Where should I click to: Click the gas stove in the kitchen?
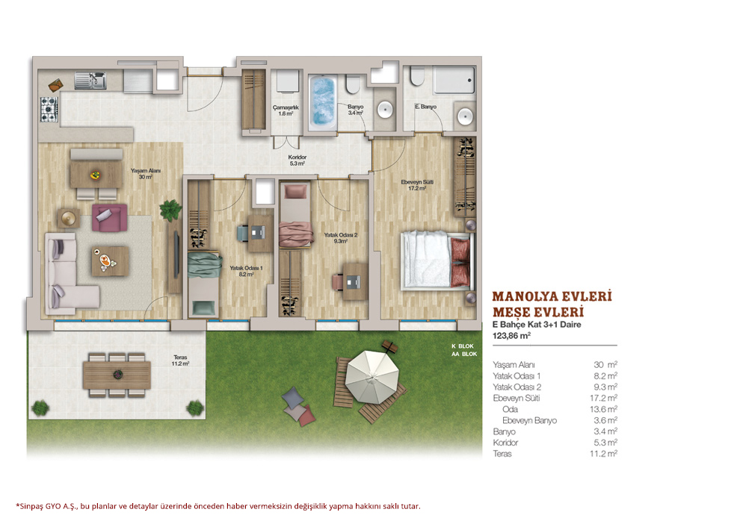click(49, 109)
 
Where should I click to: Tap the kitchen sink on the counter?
click(90, 80)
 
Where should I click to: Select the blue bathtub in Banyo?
click(323, 102)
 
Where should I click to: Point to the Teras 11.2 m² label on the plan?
click(181, 361)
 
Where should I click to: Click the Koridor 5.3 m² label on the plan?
click(297, 160)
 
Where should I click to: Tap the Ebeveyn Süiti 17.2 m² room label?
click(417, 185)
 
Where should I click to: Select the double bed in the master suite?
click(437, 260)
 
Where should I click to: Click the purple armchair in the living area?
click(109, 217)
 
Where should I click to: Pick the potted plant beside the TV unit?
click(170, 210)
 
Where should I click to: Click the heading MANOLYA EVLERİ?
click(552, 296)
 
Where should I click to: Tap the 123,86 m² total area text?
click(511, 335)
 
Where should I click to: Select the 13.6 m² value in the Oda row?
click(603, 409)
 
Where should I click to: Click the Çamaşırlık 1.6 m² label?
click(286, 110)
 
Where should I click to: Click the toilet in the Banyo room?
click(353, 84)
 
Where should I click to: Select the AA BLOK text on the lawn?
click(464, 354)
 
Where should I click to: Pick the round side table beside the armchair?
click(69, 219)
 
